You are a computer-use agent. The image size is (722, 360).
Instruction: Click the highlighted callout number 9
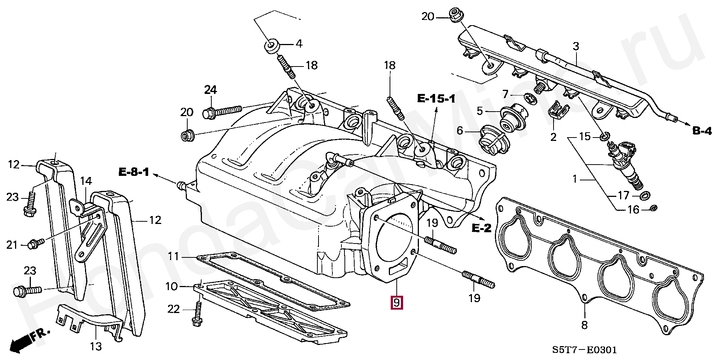pos(397,303)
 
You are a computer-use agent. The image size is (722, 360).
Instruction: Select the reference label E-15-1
pos(436,99)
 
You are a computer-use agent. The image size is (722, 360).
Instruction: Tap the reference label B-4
pos(702,131)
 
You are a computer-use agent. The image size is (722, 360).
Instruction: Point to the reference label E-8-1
pos(134,172)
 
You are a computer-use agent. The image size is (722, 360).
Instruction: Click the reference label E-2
pos(481,228)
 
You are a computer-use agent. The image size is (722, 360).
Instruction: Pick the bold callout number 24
pos(211,90)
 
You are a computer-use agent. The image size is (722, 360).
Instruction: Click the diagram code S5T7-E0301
pos(584,350)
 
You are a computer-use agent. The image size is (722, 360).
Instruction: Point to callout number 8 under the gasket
pos(584,325)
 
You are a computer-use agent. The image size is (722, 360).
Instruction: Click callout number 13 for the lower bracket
pos(96,346)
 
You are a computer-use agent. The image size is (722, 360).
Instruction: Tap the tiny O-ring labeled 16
pos(653,208)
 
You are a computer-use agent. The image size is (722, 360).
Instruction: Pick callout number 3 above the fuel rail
pos(576,47)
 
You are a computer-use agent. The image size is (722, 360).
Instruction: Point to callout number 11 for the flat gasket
pos(173,257)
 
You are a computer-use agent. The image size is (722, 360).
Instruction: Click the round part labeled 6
pos(493,141)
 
